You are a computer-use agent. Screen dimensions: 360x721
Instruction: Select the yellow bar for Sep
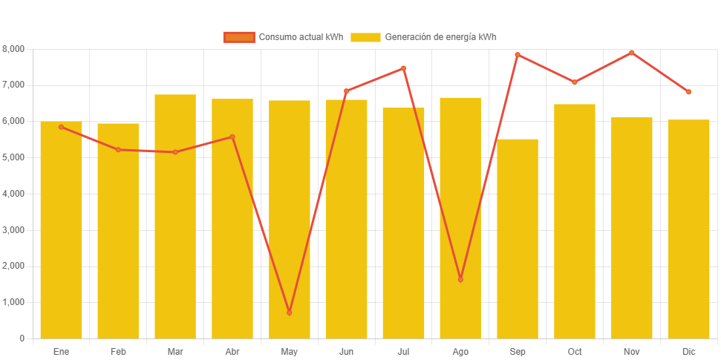pos(518,238)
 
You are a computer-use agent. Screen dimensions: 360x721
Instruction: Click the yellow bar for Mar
pos(175,215)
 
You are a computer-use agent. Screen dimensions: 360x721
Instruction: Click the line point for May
pos(290,312)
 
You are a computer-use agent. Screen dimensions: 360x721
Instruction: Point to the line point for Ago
pos(460,279)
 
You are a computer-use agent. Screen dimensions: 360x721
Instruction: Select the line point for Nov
pos(632,53)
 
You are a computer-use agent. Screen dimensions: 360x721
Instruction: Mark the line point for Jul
pos(404,68)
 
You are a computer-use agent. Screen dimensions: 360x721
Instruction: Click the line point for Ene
pos(62,127)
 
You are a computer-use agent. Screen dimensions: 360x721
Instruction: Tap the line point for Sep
pos(518,55)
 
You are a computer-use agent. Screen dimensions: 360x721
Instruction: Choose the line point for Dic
pos(688,92)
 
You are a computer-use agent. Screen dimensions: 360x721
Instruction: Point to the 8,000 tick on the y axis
pos(13,49)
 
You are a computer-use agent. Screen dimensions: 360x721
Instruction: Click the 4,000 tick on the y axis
pos(13,194)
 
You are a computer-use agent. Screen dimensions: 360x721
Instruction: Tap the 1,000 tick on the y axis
pos(13,302)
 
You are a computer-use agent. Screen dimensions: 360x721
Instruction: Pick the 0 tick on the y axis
pos(22,338)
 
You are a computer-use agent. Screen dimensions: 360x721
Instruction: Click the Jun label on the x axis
pos(347,351)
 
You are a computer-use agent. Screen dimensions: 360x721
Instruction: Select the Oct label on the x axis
pos(575,351)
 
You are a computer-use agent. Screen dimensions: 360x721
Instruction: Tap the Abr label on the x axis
pos(232,351)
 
